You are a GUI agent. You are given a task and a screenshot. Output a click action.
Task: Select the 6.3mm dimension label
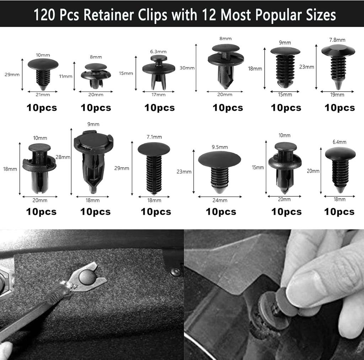(x=158, y=51)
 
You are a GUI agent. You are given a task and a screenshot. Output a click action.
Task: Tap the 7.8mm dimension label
(x=337, y=40)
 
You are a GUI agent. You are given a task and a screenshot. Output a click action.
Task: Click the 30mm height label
(x=187, y=68)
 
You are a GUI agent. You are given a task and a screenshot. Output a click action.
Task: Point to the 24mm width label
(x=220, y=200)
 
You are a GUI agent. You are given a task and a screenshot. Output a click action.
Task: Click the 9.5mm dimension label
(x=220, y=147)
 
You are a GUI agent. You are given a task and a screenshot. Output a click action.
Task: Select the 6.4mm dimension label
(x=339, y=142)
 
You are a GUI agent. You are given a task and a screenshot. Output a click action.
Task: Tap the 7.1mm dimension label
(x=154, y=137)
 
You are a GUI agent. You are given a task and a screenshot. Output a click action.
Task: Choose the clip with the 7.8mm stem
(x=338, y=66)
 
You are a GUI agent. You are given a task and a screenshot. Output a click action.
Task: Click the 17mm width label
(x=158, y=94)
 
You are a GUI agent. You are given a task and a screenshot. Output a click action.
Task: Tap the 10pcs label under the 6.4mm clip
(x=339, y=212)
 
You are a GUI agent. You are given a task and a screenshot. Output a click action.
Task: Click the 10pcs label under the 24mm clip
(x=221, y=212)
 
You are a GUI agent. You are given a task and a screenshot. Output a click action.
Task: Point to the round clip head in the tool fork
(x=86, y=277)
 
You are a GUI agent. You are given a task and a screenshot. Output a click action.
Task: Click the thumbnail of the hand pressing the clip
(x=274, y=294)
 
